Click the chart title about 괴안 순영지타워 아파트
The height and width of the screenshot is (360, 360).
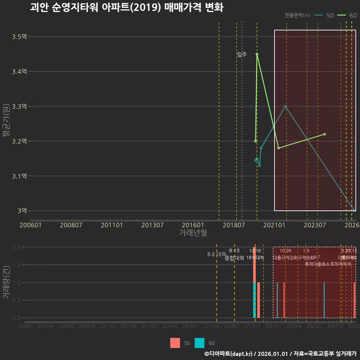coord(126,7)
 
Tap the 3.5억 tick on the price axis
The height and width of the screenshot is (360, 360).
coord(19,37)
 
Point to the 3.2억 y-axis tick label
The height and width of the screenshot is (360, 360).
coord(19,141)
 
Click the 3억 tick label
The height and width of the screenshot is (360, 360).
coord(22,211)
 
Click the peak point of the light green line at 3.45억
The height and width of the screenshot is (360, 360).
coord(257,54)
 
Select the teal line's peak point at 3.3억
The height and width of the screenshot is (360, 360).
coord(285,106)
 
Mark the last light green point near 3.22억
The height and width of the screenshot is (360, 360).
coord(324,134)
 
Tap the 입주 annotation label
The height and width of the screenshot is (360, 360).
coord(242,54)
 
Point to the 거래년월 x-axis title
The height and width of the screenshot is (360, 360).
coord(193,233)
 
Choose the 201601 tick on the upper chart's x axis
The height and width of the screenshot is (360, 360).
coord(193,225)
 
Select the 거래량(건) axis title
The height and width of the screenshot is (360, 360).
coord(6,282)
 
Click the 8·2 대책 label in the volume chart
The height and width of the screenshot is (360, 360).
coord(214,254)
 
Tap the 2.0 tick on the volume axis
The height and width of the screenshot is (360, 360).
coord(16,247)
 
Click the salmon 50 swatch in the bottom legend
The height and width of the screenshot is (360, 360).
coord(175,343)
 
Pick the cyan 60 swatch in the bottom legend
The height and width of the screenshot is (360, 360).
coord(199,343)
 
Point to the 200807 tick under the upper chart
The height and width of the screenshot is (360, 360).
coord(71,225)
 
